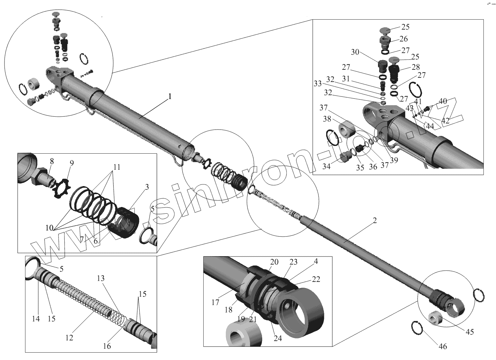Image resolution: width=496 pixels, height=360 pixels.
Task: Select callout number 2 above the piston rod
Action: [x=375, y=221]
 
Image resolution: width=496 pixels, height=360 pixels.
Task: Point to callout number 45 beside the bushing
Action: [x=470, y=331]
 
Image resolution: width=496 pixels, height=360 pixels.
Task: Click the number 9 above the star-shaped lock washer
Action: [x=71, y=163]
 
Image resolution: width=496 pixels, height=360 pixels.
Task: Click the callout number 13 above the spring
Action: [x=101, y=278]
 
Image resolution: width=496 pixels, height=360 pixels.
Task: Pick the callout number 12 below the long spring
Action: [x=69, y=337]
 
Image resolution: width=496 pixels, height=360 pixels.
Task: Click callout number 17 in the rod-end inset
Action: [x=215, y=302]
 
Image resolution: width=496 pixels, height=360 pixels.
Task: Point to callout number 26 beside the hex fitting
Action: [x=403, y=39]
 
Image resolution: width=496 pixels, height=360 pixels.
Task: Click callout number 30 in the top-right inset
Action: [x=355, y=52]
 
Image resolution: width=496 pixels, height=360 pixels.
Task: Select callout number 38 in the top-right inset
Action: [x=327, y=119]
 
